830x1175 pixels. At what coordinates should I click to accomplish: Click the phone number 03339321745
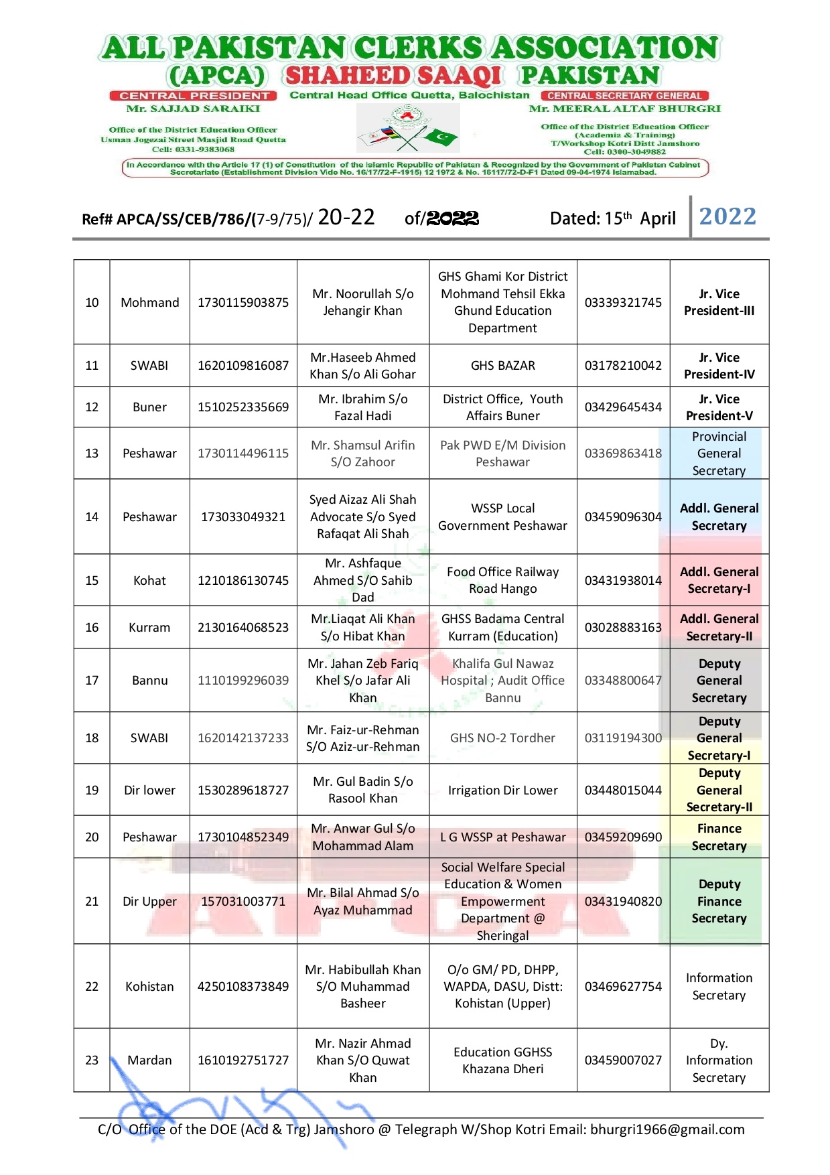tap(623, 302)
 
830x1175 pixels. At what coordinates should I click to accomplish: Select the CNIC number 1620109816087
tap(243, 365)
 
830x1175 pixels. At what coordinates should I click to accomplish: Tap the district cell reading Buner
tap(149, 407)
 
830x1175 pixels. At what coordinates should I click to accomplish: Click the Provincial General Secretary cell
tap(719, 454)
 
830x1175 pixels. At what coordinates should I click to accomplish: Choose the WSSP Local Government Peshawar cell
tap(502, 516)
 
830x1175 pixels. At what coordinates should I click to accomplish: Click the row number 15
tap(92, 580)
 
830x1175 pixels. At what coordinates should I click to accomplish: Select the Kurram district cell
tap(149, 628)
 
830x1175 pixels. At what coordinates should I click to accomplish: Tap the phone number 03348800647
tap(623, 681)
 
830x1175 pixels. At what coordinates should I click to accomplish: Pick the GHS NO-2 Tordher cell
tap(502, 738)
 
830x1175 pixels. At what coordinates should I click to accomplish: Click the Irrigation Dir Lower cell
tap(502, 790)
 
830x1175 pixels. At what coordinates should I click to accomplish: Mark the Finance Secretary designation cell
tap(719, 837)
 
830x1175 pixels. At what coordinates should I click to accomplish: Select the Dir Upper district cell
tap(149, 902)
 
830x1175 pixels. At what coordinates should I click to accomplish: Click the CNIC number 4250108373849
tap(243, 987)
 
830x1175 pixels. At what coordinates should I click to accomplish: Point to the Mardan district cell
tap(149, 1060)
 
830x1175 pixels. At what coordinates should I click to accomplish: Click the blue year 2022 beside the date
tap(728, 216)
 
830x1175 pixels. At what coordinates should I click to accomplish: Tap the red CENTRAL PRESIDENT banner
tap(194, 96)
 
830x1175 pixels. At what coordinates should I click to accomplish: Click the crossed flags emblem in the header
tap(408, 129)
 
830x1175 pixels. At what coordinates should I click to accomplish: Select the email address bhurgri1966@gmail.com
tap(667, 1129)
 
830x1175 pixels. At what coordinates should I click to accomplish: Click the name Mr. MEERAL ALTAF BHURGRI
tap(625, 109)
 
